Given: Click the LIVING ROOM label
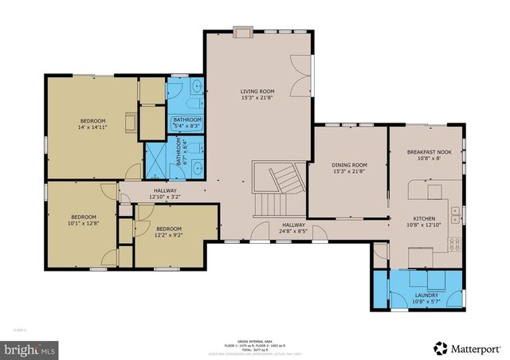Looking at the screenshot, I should [257, 92].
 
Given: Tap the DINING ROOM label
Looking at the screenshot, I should [348, 165].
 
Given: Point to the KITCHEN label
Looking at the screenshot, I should [424, 218].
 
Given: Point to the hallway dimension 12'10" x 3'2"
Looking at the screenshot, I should [165, 197].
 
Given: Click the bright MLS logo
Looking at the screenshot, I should [30, 349].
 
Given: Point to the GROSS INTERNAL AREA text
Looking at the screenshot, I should [255, 339].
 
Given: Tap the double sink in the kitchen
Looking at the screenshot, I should [454, 213].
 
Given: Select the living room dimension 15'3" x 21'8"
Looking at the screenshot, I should [257, 99].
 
